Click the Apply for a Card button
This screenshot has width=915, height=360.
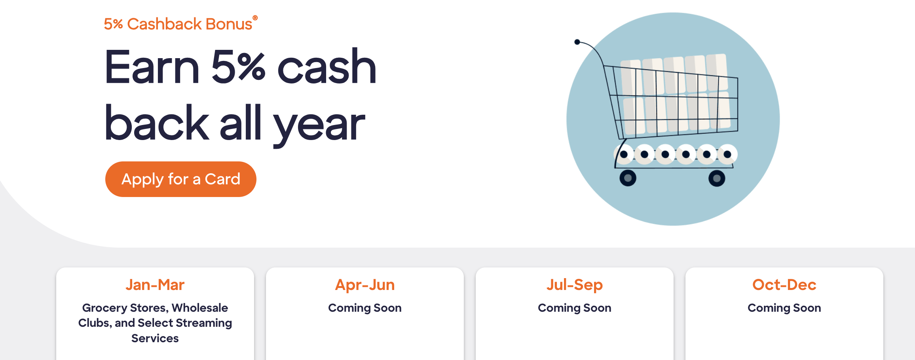[181, 179]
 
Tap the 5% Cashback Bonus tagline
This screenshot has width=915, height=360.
[180, 24]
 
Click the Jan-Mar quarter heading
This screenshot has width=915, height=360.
[155, 285]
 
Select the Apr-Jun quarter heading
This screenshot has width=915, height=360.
[365, 285]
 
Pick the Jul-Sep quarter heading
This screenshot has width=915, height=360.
[575, 285]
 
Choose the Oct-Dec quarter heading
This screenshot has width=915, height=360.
[784, 285]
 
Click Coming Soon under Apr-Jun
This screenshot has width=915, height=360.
[365, 308]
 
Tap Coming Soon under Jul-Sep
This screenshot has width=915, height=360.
[575, 308]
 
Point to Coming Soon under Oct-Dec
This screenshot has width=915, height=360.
[784, 308]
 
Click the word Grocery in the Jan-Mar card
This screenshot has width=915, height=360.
[104, 308]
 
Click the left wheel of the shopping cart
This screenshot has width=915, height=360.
[628, 178]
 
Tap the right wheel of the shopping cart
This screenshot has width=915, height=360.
[717, 178]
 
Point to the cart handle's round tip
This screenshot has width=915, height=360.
[577, 42]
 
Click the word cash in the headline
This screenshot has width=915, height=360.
[327, 67]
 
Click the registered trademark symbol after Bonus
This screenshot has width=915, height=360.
[255, 17]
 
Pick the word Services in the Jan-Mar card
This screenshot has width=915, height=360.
[155, 338]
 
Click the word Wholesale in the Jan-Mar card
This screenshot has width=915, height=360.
[200, 308]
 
